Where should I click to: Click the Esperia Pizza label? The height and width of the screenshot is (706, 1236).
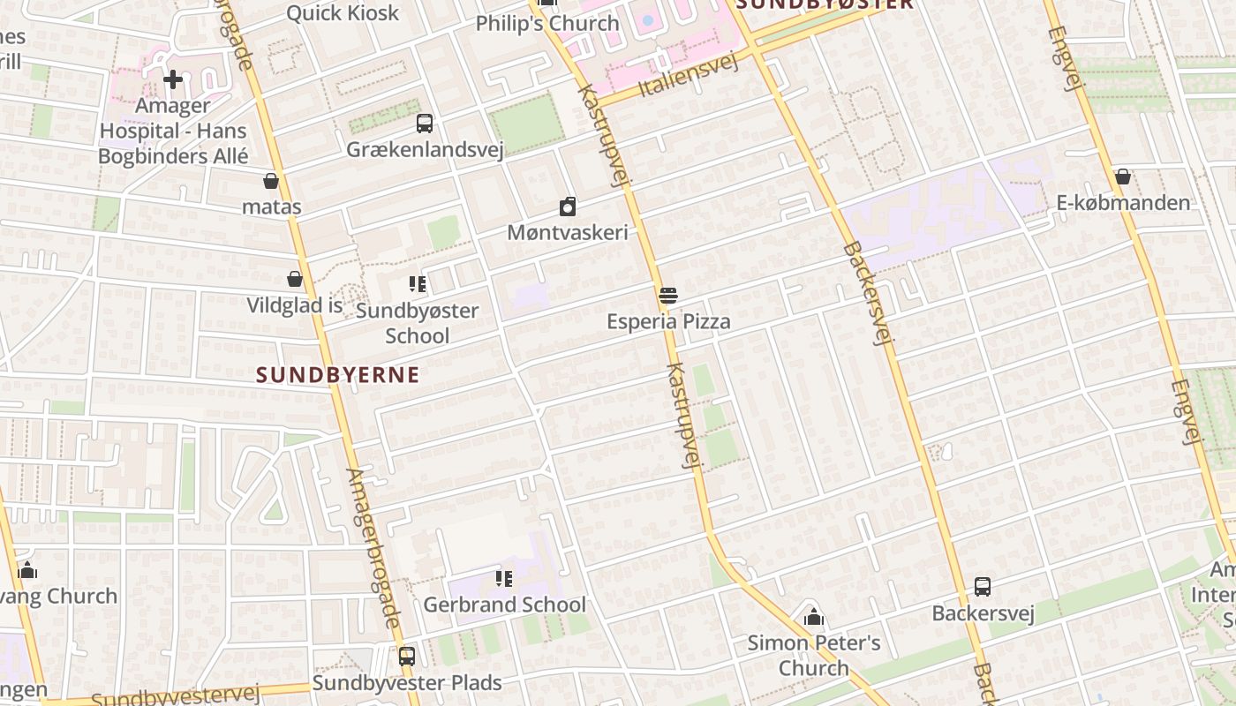(668, 321)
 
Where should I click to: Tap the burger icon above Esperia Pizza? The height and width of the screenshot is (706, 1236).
(668, 296)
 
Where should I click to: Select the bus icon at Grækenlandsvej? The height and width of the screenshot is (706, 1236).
(425, 124)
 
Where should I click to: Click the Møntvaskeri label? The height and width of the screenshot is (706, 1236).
(568, 233)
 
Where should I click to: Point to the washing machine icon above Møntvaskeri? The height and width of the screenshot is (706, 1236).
(568, 207)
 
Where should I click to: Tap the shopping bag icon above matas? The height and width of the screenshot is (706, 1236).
(271, 181)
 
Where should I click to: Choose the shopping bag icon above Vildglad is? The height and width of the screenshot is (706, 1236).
(295, 280)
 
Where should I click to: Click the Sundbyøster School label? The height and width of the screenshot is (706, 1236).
(418, 323)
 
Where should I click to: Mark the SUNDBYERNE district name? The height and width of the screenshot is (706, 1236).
(338, 374)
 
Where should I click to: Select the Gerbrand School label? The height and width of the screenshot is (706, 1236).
(504, 605)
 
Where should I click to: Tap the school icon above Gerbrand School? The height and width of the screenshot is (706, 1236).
(504, 579)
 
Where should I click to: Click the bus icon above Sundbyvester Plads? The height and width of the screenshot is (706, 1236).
(407, 657)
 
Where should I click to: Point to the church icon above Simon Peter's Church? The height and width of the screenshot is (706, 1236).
(814, 616)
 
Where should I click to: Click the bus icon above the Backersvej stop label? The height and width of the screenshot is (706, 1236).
(983, 587)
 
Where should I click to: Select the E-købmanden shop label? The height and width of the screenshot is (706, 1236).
(1123, 203)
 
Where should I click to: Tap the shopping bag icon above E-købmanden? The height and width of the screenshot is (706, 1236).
(1123, 177)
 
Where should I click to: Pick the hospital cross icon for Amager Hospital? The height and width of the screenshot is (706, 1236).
(173, 80)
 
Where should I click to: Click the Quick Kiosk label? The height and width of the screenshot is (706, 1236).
(343, 13)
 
